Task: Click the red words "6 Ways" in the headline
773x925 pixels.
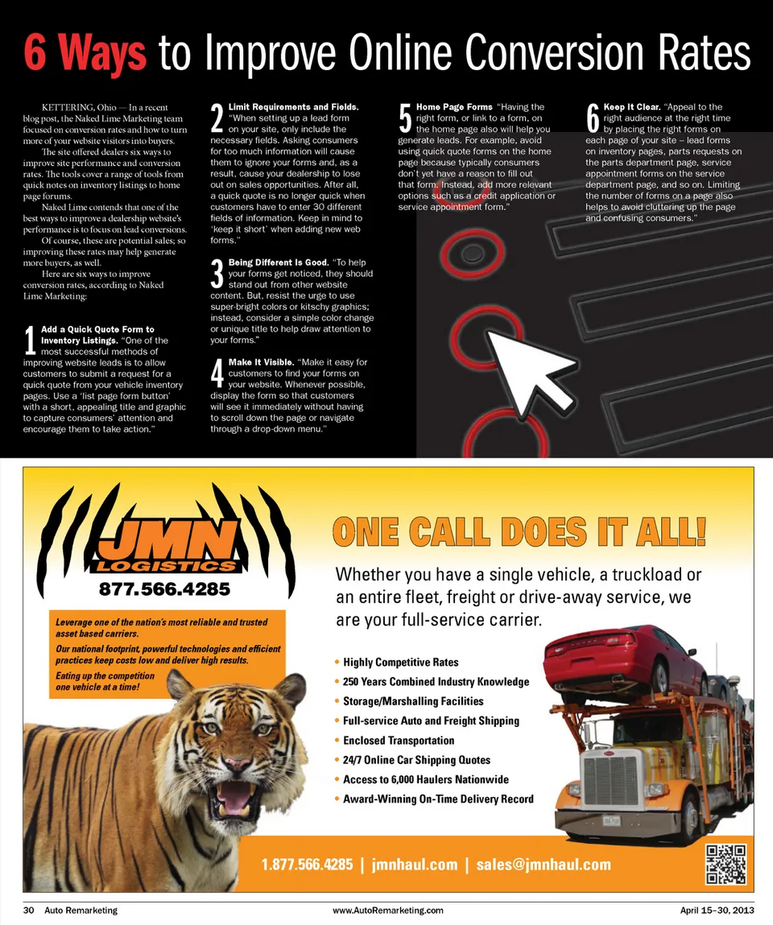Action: coord(85,52)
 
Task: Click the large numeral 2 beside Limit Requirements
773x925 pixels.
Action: coord(217,118)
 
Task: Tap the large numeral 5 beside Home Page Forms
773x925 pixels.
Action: coord(405,118)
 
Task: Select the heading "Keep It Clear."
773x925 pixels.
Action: coord(631,107)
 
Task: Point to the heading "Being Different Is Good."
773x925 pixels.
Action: coord(279,262)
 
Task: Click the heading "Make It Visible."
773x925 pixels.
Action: coord(261,362)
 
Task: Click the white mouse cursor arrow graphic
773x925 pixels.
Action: coord(528,370)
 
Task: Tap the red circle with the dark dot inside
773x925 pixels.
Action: coord(472,254)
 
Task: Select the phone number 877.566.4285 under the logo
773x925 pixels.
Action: coord(164,588)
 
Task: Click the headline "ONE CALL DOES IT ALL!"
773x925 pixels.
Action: coord(519,531)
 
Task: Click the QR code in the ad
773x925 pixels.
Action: coord(725,864)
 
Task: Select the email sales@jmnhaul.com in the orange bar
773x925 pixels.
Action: coord(544,865)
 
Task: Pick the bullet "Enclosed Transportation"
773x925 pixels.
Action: coord(399,741)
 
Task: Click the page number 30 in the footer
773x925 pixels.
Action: coord(28,911)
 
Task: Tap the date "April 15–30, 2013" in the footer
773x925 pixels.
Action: coord(717,911)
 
